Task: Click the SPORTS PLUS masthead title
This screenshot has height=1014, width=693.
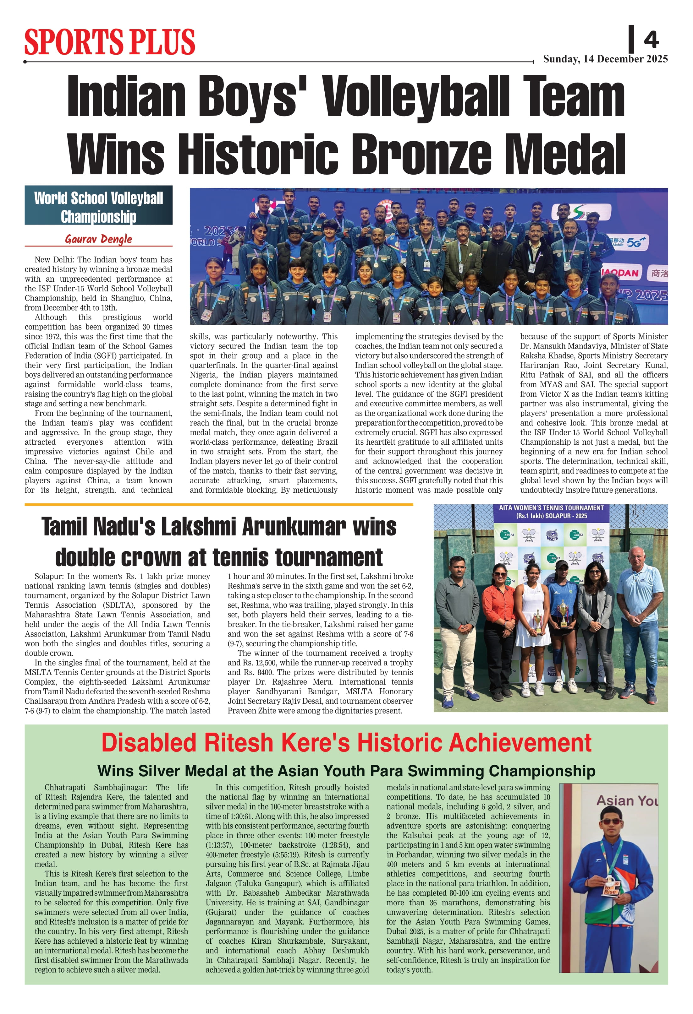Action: (110, 42)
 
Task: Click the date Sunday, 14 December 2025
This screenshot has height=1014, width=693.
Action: (605, 59)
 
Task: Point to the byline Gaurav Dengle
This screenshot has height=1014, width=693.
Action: (99, 239)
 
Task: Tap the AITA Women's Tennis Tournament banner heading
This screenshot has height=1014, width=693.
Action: (551, 512)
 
